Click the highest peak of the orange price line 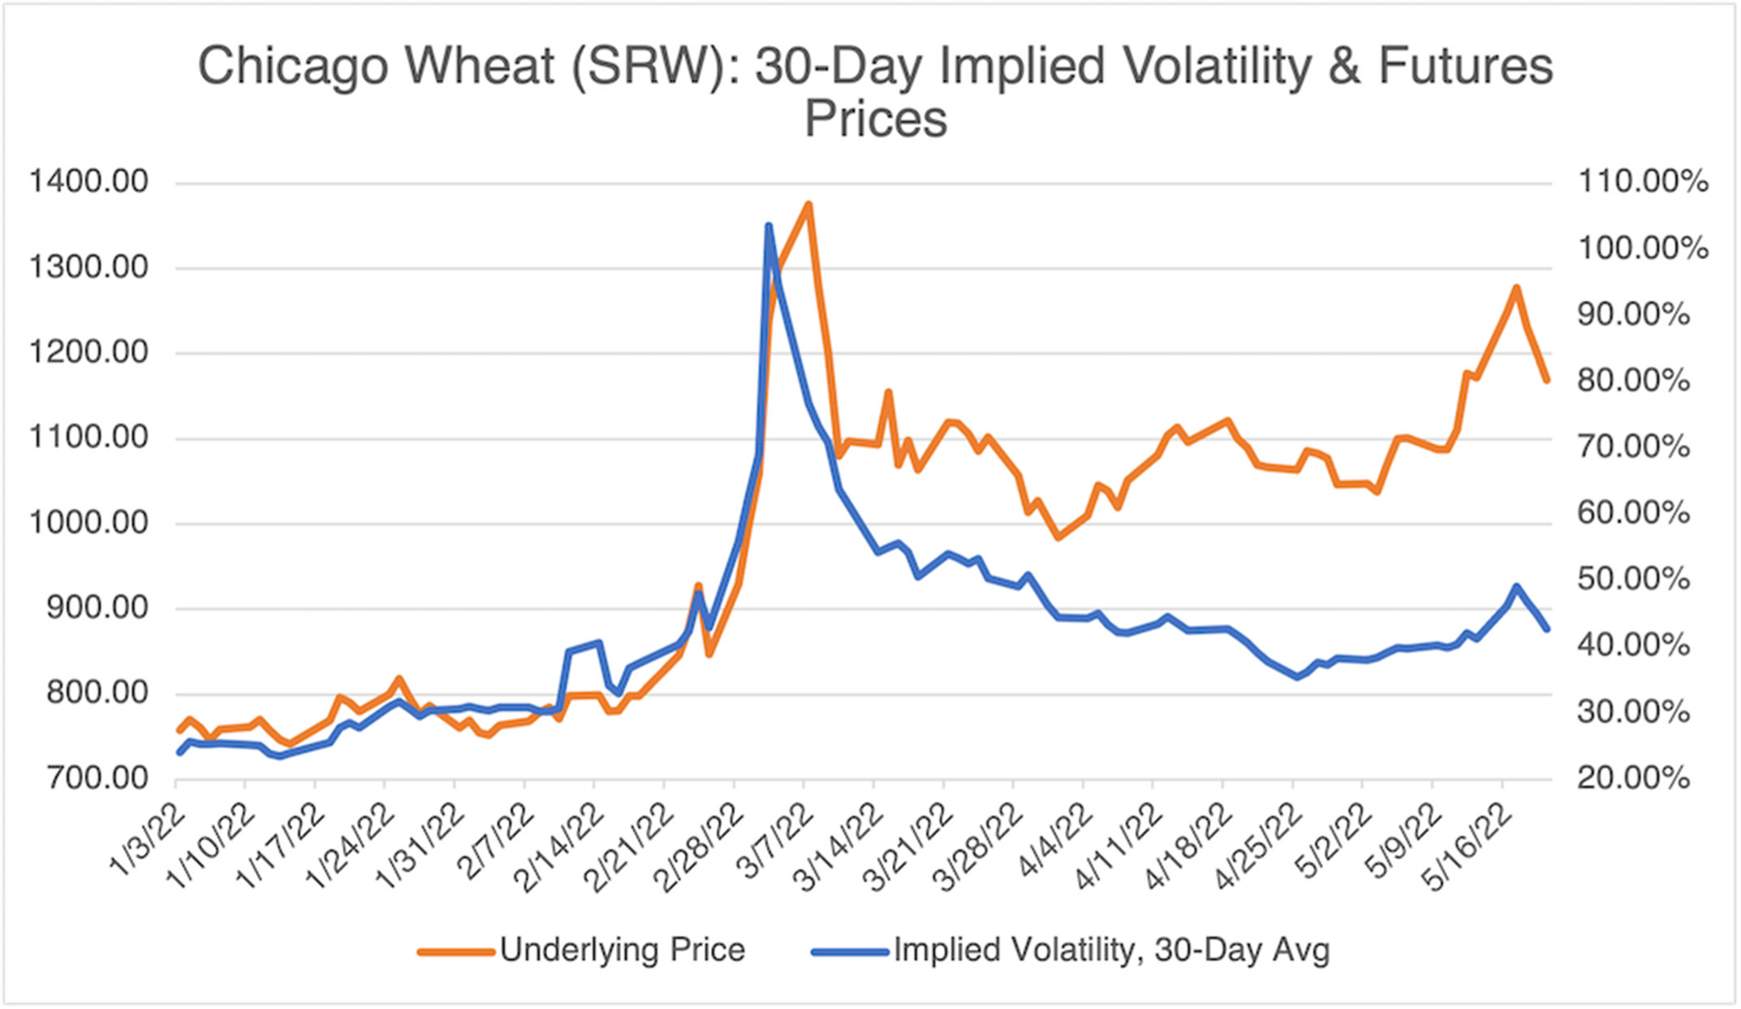tap(808, 205)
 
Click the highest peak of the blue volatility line tap(769, 226)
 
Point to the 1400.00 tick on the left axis tap(89, 182)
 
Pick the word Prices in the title tap(875, 119)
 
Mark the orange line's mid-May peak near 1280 tap(1515, 288)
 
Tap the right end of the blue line tap(1547, 628)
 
